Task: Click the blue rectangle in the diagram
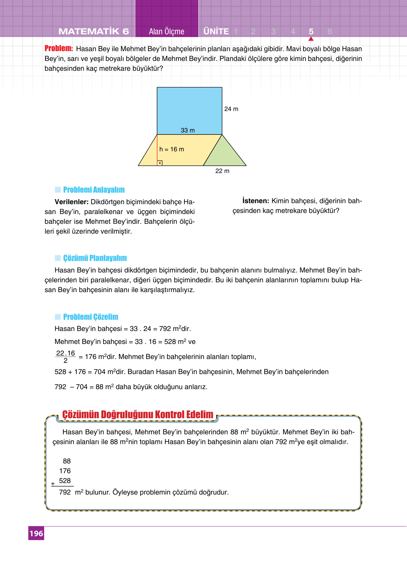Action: pos(189,109)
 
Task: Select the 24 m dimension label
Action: pos(231,109)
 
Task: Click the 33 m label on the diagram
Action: pos(188,130)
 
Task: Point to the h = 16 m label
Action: pos(171,149)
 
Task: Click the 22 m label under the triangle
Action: pos(222,171)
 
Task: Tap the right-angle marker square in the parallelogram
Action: pos(160,163)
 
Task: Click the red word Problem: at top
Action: pos(58,48)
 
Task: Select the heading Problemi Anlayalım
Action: pos(94,190)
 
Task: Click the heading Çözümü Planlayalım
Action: pos(95,258)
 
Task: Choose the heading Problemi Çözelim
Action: pos(91,317)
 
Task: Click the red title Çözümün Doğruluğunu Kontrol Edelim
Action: pos(138,415)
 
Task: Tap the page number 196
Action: pos(36,533)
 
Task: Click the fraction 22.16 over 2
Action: pos(65,357)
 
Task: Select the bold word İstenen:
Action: pos(255,201)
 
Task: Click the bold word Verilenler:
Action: pos(71,202)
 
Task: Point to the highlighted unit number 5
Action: pos(311,32)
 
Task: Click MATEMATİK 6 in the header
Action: pos(94,32)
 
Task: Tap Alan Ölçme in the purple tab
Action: pos(167,32)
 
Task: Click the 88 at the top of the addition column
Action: pos(66,461)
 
